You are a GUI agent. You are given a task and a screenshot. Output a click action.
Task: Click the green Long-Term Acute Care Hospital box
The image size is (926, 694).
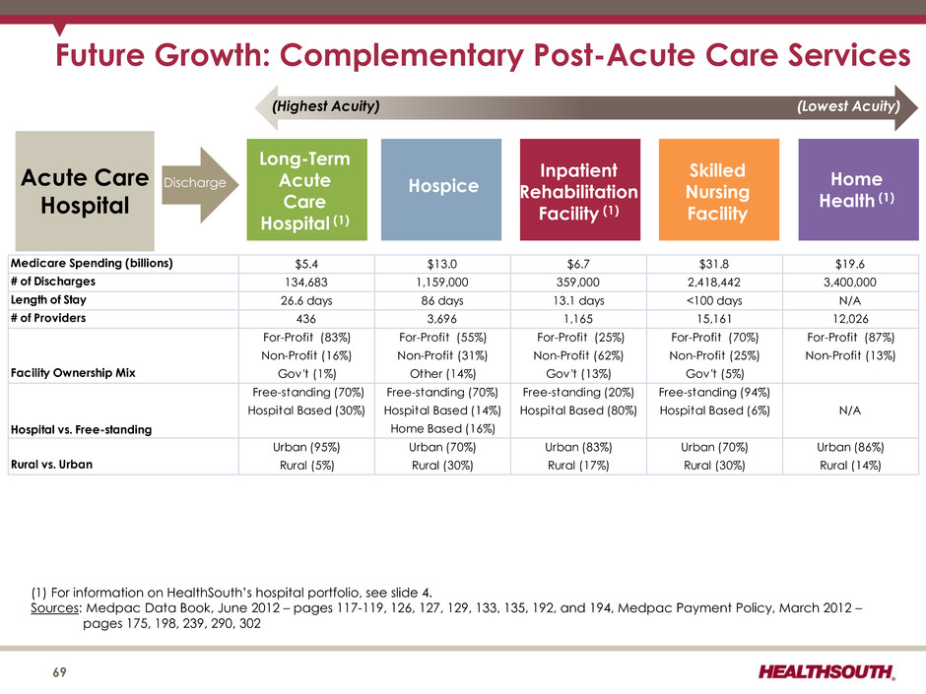[306, 189]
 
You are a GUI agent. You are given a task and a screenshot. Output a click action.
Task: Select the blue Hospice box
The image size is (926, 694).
[441, 189]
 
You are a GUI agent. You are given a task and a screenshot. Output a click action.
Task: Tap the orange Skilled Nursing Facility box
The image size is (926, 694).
[719, 189]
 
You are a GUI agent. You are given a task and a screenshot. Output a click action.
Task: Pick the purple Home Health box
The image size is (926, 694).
[858, 189]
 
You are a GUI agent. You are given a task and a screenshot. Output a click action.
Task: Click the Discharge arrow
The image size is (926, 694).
[200, 185]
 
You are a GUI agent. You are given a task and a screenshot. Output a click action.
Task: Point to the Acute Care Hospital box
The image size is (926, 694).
[85, 191]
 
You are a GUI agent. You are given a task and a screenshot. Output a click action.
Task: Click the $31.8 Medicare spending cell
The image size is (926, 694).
[714, 264]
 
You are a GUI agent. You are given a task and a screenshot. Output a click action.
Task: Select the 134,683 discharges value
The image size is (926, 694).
[306, 283]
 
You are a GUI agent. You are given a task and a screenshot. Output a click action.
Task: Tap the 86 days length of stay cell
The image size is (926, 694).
[441, 300]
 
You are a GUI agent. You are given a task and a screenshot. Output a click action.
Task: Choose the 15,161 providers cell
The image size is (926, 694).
[714, 319]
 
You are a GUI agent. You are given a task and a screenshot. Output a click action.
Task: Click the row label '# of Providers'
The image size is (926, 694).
[48, 318]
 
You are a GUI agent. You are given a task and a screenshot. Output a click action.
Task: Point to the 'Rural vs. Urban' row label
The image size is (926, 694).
[51, 465]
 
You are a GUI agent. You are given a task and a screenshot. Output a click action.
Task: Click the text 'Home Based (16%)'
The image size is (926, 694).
[442, 428]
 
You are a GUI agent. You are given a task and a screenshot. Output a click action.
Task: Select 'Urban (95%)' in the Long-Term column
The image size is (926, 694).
[306, 447]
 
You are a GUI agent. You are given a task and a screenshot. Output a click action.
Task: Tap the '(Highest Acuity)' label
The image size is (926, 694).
[325, 106]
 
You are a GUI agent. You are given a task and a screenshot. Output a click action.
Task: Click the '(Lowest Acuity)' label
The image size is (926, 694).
[848, 106]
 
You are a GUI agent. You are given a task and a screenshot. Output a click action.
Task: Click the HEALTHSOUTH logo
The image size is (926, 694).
[827, 672]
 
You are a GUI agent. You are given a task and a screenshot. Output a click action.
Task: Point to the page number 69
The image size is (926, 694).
[60, 672]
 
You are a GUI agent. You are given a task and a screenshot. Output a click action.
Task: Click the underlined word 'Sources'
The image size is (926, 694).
[54, 607]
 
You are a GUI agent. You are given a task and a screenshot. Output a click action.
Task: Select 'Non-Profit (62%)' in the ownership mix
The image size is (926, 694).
[578, 355]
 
